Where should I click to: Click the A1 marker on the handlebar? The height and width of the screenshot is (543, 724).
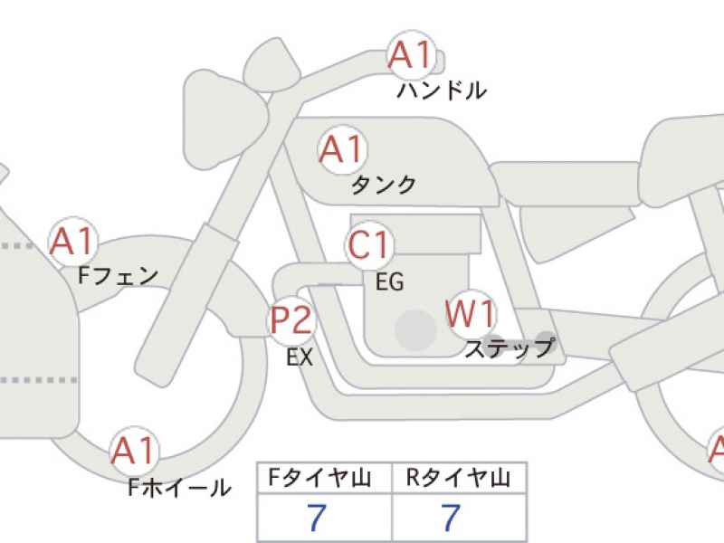(x=412, y=55)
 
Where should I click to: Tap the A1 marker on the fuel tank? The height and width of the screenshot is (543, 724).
(x=342, y=149)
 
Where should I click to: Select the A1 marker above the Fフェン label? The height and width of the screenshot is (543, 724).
(x=73, y=242)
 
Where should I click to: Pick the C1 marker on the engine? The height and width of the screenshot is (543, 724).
(x=368, y=244)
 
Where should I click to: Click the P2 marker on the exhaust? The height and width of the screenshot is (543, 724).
(x=291, y=320)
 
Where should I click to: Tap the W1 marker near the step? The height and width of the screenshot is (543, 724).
(x=471, y=314)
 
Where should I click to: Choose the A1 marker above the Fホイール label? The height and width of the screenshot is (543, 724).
(x=134, y=451)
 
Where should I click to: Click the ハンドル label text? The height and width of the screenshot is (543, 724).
(x=442, y=90)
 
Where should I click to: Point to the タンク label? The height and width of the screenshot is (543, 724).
(x=383, y=185)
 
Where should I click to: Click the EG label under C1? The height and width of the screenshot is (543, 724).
(x=390, y=281)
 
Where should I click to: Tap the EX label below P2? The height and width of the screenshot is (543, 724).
(x=300, y=357)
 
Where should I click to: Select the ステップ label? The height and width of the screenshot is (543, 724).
(x=510, y=348)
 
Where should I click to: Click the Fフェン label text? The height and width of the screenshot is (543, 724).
(x=119, y=276)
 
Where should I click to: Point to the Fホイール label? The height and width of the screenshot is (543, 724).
(x=179, y=487)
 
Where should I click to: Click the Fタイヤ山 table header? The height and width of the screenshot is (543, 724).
(x=319, y=478)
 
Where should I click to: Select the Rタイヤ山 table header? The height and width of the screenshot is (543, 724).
(x=458, y=478)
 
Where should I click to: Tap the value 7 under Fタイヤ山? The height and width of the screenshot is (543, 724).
(x=317, y=517)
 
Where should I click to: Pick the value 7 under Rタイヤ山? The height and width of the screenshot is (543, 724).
(x=451, y=517)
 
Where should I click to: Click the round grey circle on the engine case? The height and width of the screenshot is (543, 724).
(x=416, y=330)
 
